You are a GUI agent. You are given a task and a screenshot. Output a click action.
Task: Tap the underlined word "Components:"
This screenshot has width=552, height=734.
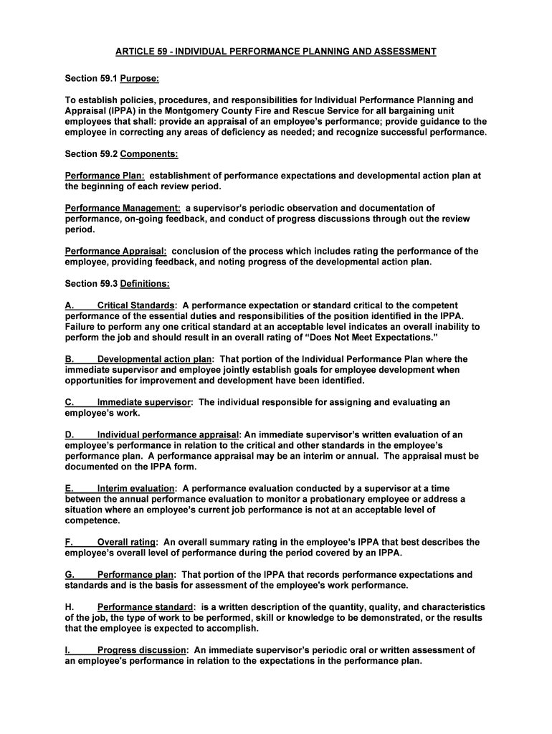coord(149,154)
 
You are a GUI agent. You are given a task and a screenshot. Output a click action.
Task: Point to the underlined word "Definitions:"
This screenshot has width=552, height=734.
coord(145,283)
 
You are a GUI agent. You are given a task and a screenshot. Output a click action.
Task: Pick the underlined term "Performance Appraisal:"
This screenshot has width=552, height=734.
coord(116,252)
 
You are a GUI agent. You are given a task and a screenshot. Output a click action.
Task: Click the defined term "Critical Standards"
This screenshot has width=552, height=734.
coord(135,305)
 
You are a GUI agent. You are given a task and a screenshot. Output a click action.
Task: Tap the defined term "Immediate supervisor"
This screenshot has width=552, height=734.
coord(144,402)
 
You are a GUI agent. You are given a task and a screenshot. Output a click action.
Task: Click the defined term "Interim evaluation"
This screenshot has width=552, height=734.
coord(136,488)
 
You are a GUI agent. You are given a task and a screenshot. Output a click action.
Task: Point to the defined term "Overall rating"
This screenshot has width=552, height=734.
coord(126,543)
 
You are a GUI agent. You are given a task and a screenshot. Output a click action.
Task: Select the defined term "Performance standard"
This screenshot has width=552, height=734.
coord(146,606)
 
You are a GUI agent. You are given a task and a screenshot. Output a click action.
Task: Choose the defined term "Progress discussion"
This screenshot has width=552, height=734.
coord(143,650)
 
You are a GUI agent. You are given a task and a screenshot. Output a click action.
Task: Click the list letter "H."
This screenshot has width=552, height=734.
coord(70,606)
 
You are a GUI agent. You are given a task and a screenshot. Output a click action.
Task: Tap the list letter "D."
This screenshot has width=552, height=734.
coord(70,434)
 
